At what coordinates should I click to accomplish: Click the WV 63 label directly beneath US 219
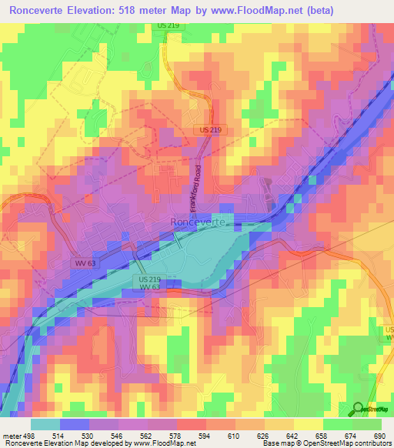click(x=150, y=287)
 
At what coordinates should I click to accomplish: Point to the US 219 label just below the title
click(x=167, y=25)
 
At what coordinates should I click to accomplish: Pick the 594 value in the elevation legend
click(x=204, y=435)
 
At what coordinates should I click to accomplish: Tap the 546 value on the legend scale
click(x=115, y=435)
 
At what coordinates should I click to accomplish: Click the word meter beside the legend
click(x=10, y=435)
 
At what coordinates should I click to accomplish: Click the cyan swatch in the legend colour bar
click(x=45, y=424)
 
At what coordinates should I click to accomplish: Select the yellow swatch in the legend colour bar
click(x=308, y=424)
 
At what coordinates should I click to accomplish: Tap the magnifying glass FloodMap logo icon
click(x=358, y=410)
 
